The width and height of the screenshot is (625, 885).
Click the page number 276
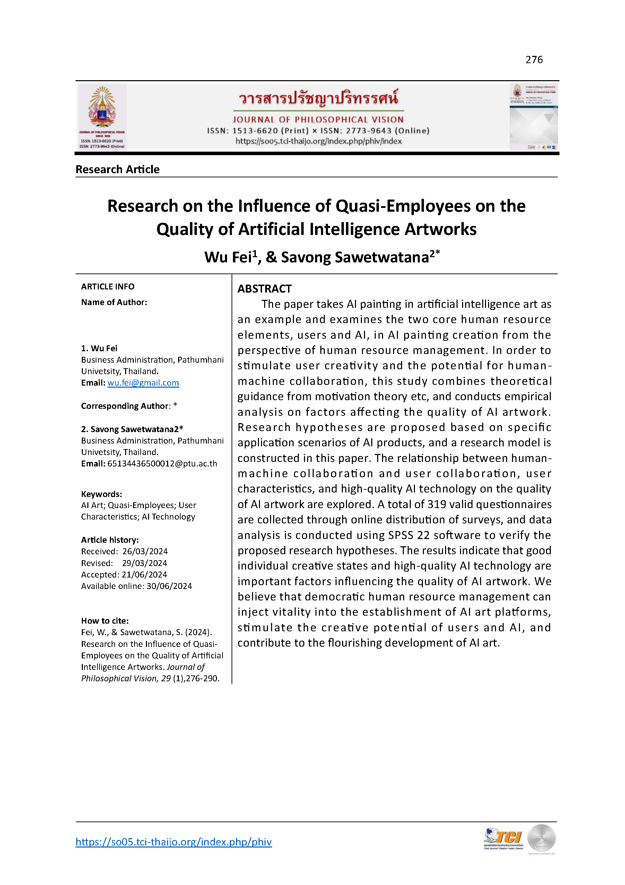click(534, 60)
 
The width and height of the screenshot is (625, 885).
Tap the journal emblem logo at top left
click(102, 116)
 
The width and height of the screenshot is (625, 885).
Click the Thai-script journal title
click(318, 98)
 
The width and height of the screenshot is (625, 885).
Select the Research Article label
click(118, 170)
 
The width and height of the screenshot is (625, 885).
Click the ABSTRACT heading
click(264, 289)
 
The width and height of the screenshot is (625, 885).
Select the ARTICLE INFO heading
click(107, 286)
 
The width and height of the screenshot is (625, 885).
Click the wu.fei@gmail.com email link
click(143, 383)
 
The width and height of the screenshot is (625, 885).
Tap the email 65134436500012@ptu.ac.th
click(162, 464)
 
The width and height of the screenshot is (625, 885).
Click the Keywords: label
click(101, 494)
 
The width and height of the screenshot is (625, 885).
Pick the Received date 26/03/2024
click(145, 551)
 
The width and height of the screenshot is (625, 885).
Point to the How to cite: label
click(105, 621)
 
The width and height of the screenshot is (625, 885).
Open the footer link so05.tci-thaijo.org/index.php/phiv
click(174, 842)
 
